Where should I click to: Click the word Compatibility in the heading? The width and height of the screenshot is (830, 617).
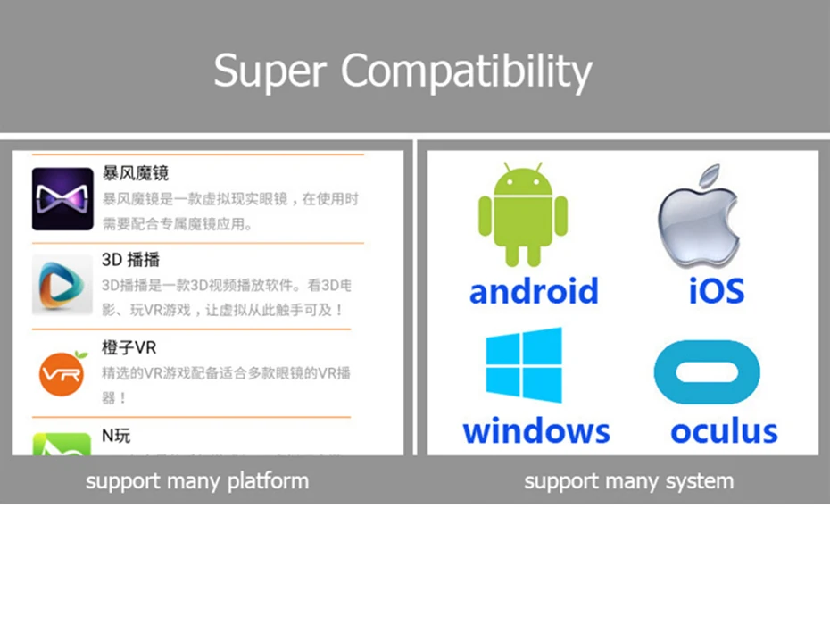(x=467, y=71)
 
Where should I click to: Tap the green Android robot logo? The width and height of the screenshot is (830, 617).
(x=522, y=215)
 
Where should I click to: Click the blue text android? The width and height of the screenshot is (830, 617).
(x=534, y=291)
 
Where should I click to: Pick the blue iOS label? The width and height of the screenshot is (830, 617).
(x=716, y=291)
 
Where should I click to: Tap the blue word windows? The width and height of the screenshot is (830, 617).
(x=536, y=431)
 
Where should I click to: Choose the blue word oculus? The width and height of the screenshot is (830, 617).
(x=724, y=431)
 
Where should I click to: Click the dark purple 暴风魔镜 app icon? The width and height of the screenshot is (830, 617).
(x=62, y=198)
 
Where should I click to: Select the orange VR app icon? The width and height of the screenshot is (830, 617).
(x=62, y=373)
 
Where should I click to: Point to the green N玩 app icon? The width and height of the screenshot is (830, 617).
(x=62, y=445)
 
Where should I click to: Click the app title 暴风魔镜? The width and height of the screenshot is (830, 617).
(x=136, y=173)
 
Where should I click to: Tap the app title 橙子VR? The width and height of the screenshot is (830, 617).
(x=129, y=347)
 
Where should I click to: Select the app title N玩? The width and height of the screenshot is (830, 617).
(x=116, y=436)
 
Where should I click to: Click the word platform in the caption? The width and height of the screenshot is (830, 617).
(x=267, y=482)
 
